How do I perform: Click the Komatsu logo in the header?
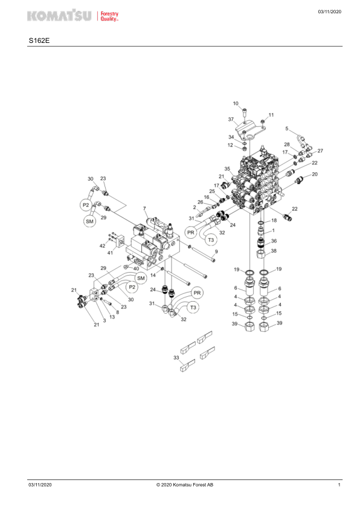coord(73,16)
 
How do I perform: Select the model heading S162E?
coord(39,41)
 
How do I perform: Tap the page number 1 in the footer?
coord(339,485)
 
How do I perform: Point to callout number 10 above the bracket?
coord(236,103)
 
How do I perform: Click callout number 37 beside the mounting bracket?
coord(231,119)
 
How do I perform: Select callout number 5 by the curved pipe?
coord(287,129)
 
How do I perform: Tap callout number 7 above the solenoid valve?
coord(144,209)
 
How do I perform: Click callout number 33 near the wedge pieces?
coord(176,357)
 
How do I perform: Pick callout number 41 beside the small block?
coord(111,252)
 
